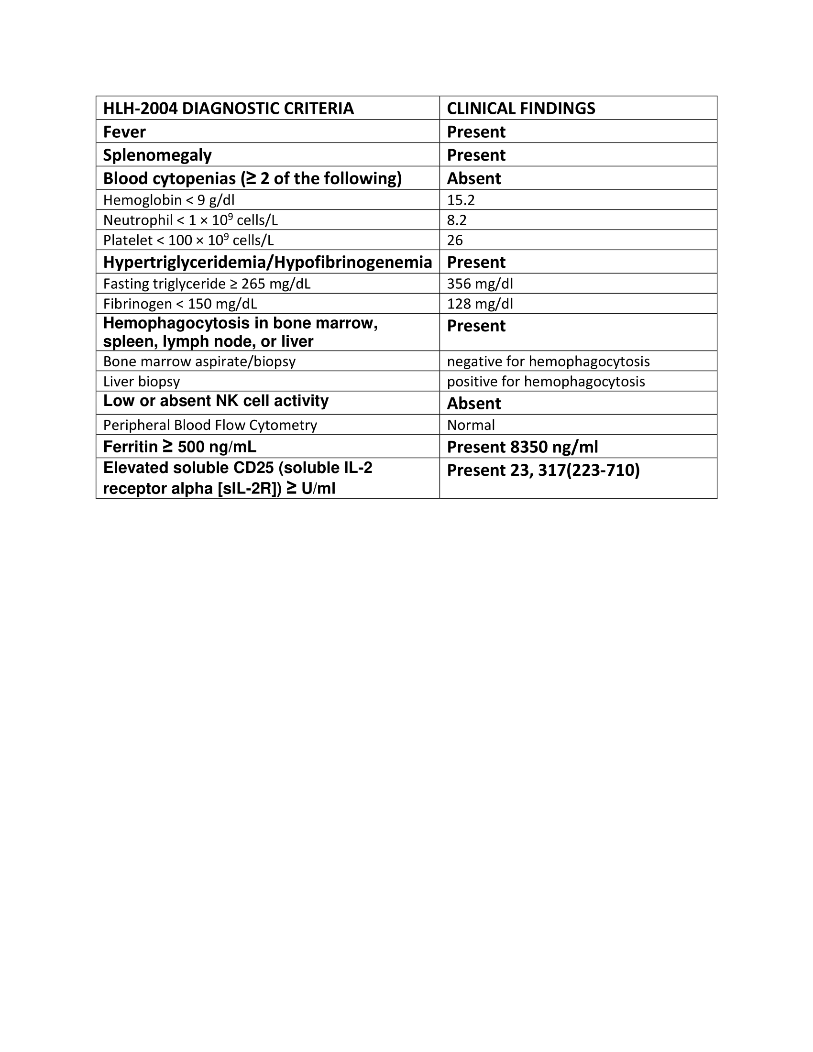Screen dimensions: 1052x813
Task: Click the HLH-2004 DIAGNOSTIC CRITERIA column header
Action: [228, 109]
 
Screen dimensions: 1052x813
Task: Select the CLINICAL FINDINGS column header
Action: [521, 109]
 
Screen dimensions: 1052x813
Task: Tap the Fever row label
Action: [124, 132]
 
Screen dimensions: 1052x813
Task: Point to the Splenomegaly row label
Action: [157, 155]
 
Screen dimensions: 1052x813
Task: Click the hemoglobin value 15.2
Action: [461, 200]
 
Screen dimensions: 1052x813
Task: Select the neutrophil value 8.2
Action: [457, 220]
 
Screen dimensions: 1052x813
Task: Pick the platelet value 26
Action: [455, 241]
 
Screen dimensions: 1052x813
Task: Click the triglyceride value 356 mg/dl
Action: [480, 284]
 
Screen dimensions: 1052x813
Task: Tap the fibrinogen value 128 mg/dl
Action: [480, 304]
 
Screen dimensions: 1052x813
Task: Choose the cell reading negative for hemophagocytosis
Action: [548, 361]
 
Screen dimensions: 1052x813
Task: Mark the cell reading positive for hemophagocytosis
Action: [546, 382]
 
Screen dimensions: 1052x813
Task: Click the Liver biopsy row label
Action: [141, 382]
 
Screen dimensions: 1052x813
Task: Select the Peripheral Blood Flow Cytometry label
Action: [210, 425]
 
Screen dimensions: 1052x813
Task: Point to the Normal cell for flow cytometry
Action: [471, 425]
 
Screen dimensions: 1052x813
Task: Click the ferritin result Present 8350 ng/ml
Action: [522, 447]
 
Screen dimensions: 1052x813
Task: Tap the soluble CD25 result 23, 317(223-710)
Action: [543, 470]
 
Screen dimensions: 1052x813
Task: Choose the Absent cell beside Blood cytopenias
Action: [474, 179]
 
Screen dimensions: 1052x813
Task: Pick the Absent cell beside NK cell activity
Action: [474, 404]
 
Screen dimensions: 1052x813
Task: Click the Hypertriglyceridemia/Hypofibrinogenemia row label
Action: [267, 262]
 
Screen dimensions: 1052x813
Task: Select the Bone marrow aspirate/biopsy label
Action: [199, 361]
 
